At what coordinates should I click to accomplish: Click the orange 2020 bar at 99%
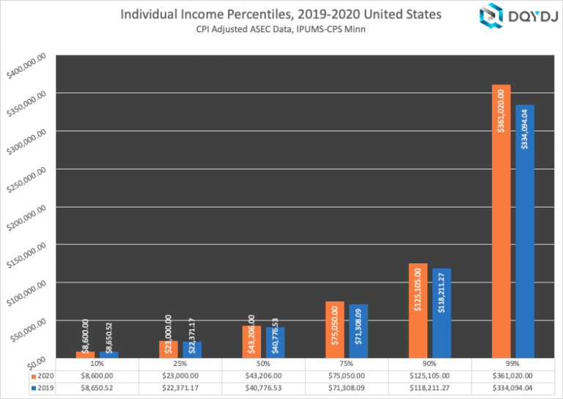point(501,220)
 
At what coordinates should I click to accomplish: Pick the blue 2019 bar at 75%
point(358,330)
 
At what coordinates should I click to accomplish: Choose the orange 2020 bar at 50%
point(251,340)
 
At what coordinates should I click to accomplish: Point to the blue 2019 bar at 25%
point(192,348)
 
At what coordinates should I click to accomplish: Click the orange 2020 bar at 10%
point(85,354)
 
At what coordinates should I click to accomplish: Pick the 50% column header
point(263,363)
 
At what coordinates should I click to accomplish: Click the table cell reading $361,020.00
point(512,374)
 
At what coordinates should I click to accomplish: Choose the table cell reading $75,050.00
point(346,374)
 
